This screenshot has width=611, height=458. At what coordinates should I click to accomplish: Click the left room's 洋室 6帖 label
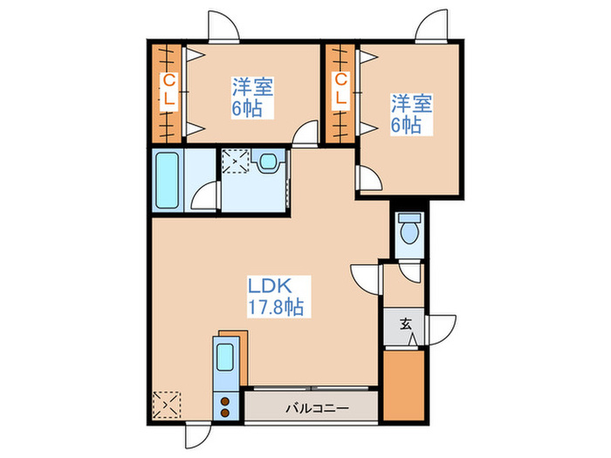click(252, 98)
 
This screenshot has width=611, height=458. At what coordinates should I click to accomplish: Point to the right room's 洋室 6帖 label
click(411, 114)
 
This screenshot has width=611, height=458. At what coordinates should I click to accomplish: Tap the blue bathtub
click(168, 181)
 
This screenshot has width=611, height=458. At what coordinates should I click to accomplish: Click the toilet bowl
click(408, 230)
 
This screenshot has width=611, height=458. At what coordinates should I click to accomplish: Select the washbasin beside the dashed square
click(269, 161)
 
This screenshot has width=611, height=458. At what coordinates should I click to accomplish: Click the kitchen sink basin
click(225, 359)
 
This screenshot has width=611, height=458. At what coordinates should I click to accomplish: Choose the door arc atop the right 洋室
click(433, 27)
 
